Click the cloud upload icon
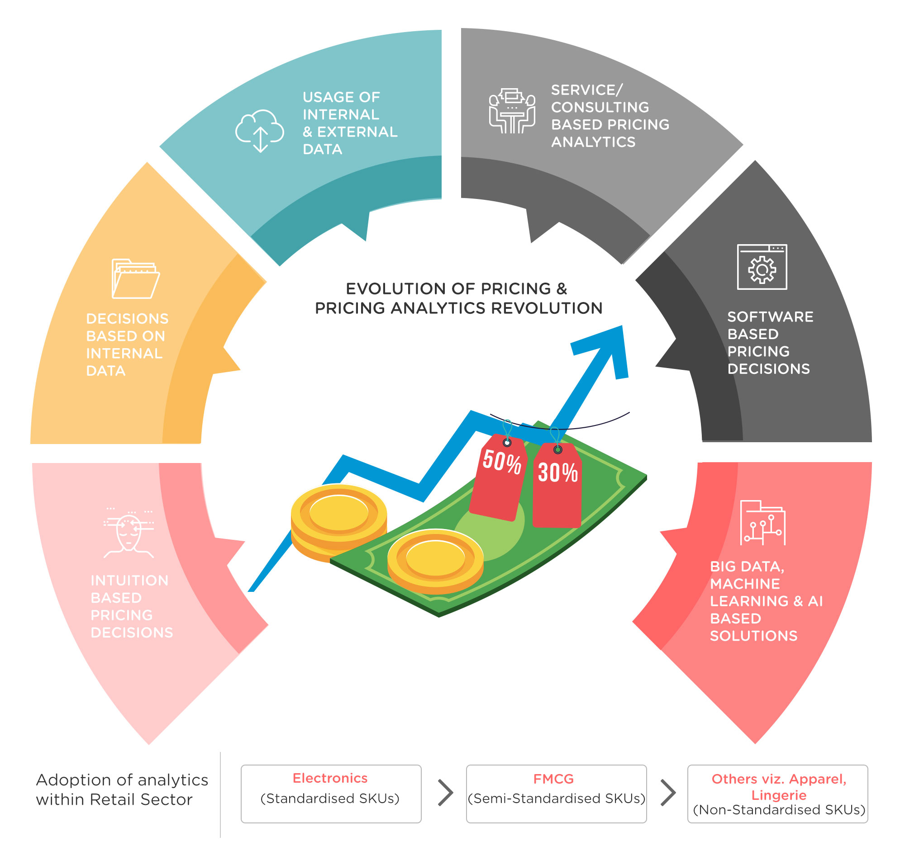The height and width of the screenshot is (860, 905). click(x=260, y=131)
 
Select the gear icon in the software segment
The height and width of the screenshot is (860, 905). click(x=762, y=269)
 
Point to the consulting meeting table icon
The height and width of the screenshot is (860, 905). click(x=512, y=111)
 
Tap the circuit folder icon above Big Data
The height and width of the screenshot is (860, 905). click(x=762, y=523)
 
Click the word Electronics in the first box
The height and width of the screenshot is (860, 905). click(x=330, y=778)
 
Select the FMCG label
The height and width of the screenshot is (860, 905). click(x=553, y=779)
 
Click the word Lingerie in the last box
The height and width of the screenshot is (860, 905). click(x=778, y=795)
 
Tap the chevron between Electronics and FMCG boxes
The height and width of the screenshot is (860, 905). click(x=445, y=793)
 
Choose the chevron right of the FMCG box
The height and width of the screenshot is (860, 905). click(x=668, y=793)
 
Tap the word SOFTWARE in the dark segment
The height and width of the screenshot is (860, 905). click(x=770, y=317)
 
